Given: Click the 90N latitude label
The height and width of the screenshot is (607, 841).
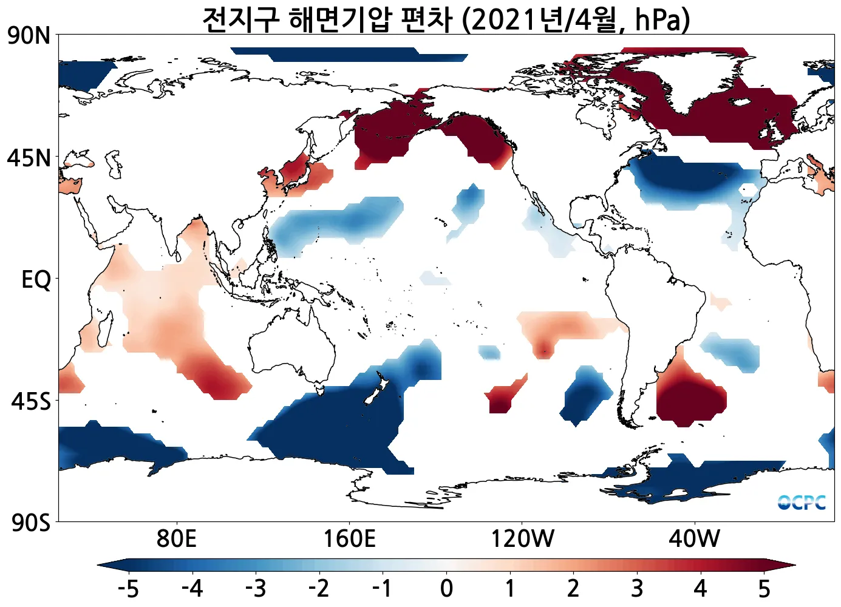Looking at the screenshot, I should pos(29,36).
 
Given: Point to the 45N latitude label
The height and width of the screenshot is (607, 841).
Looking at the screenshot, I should pos(29,158).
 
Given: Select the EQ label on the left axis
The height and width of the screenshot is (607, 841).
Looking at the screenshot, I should pos(36,280).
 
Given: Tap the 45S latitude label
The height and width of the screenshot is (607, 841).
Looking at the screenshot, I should pos(30,401).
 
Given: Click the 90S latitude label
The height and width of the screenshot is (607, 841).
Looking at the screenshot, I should pos(30,522).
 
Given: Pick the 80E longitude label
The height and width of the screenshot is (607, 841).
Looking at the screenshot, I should pos(176,538).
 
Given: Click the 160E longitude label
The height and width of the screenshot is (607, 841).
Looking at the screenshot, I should pos(349,538).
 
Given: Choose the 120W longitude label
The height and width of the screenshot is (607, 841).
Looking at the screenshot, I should pos(522,538).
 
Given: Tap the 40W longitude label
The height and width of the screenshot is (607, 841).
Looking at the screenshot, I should pos(694,538).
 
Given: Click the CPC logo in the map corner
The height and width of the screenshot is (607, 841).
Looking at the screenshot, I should pos(802,503).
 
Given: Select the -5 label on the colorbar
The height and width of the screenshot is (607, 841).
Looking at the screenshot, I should pos(128,588).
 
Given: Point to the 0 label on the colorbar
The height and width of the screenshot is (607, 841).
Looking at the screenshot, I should pos(446,588).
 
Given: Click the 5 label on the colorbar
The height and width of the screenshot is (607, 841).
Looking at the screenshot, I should pos(764,588).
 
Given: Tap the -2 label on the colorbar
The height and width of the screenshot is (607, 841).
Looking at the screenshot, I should pos(319,588).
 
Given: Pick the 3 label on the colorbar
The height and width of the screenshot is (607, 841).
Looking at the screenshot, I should pos(636,588).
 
